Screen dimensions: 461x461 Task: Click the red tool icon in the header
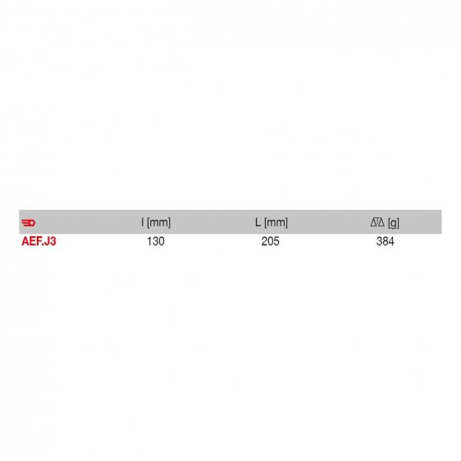pyautogui.click(x=29, y=222)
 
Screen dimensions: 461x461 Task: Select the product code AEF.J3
pyautogui.click(x=39, y=243)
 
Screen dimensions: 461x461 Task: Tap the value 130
pyautogui.click(x=156, y=243)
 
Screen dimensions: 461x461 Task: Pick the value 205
pyautogui.click(x=271, y=243)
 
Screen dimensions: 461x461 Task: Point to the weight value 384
pyautogui.click(x=385, y=243)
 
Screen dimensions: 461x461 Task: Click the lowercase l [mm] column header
pyautogui.click(x=156, y=222)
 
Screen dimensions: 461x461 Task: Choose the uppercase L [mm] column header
pyautogui.click(x=271, y=222)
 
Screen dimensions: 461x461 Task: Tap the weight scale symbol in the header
pyautogui.click(x=377, y=222)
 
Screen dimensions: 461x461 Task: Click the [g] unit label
pyautogui.click(x=394, y=222)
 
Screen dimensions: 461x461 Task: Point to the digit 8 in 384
pyautogui.click(x=385, y=243)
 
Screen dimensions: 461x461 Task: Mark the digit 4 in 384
pyautogui.click(x=391, y=243)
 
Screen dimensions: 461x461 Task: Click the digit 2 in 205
pyautogui.click(x=264, y=243)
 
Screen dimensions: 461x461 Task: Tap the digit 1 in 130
pyautogui.click(x=149, y=243)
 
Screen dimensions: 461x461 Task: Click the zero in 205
pyautogui.click(x=271, y=243)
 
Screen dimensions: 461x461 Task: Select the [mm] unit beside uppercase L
pyautogui.click(x=276, y=222)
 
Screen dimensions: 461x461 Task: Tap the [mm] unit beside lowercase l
pyautogui.click(x=158, y=222)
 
